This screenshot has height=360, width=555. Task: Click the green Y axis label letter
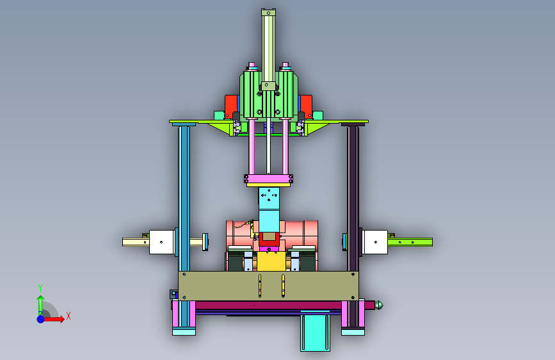(40, 288)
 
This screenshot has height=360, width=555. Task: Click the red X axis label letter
(68, 316)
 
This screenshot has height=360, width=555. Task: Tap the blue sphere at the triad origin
(41, 319)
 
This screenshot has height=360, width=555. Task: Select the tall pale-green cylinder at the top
(268, 48)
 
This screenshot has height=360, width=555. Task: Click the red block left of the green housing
(231, 105)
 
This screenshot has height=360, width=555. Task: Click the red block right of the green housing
(306, 105)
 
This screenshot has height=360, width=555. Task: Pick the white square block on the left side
(162, 242)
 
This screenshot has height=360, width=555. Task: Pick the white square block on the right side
(375, 242)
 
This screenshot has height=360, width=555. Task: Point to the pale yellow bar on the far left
(136, 242)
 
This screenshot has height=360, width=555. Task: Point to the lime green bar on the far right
(410, 242)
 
